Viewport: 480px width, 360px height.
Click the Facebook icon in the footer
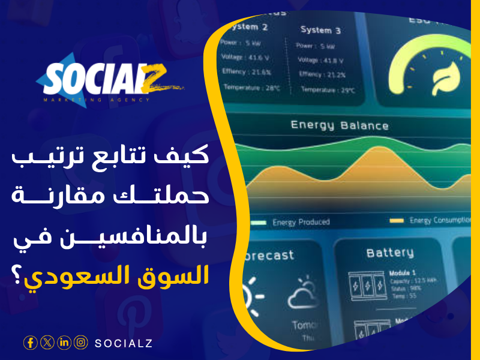tap(31, 343)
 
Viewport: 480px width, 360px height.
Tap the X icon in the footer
tap(47, 343)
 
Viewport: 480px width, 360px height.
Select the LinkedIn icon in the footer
tap(64, 343)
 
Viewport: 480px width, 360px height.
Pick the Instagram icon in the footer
tap(81, 343)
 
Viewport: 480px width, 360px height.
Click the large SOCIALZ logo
tap(102, 78)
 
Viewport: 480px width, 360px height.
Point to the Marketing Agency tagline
tap(96, 100)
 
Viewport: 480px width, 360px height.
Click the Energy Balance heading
tap(339, 125)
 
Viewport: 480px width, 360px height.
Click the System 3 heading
tap(320, 30)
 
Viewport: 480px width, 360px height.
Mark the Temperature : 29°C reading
tap(328, 89)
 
